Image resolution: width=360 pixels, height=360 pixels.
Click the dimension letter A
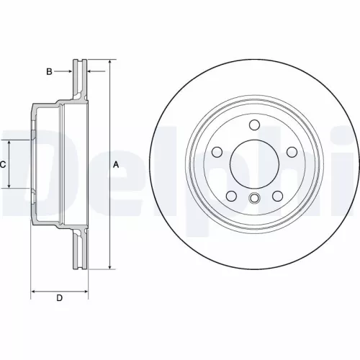coord(115,164)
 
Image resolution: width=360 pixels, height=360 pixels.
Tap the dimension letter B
coord(49,71)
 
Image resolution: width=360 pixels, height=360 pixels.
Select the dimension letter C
coord(3,164)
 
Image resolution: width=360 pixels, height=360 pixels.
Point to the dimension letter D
coord(60,298)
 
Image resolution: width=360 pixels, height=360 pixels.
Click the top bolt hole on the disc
coord(254,126)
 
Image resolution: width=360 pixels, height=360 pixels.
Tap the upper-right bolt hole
coord(292,152)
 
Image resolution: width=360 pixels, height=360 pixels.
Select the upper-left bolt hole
coord(217,152)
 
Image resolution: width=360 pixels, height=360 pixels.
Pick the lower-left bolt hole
coord(231,197)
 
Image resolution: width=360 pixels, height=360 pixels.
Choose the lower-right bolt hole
coord(278,197)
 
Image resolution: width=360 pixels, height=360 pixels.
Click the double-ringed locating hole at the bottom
coord(254,199)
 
